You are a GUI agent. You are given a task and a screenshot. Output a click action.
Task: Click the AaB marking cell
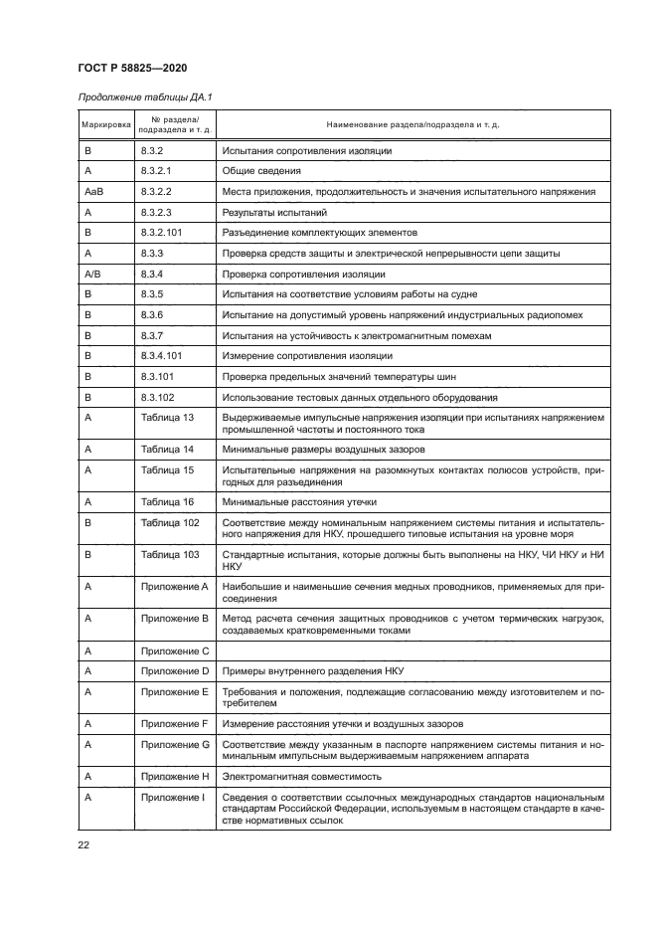pos(94,191)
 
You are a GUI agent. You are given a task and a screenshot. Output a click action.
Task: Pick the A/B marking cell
pos(92,274)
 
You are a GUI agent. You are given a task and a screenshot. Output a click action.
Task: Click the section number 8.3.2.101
pos(164,233)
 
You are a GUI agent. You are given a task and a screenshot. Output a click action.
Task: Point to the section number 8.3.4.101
pos(164,356)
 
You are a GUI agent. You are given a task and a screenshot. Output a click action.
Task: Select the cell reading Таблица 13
pos(167,418)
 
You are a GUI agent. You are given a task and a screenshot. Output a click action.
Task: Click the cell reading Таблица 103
pos(170,555)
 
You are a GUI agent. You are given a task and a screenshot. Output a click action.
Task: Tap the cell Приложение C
pos(175,651)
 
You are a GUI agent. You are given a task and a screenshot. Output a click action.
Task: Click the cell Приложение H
pos(175,776)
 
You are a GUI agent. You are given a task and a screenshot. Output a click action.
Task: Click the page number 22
pos(83,845)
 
